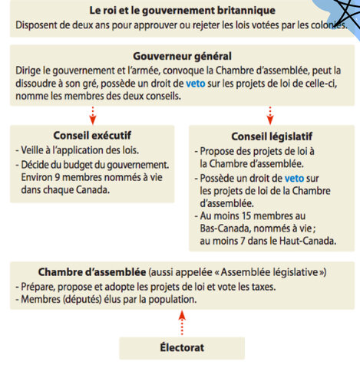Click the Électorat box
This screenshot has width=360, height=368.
click(x=182, y=347)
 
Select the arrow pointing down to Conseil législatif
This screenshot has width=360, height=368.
click(x=269, y=115)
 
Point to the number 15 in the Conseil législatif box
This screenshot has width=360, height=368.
click(x=250, y=216)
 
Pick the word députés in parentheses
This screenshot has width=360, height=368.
click(x=84, y=298)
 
